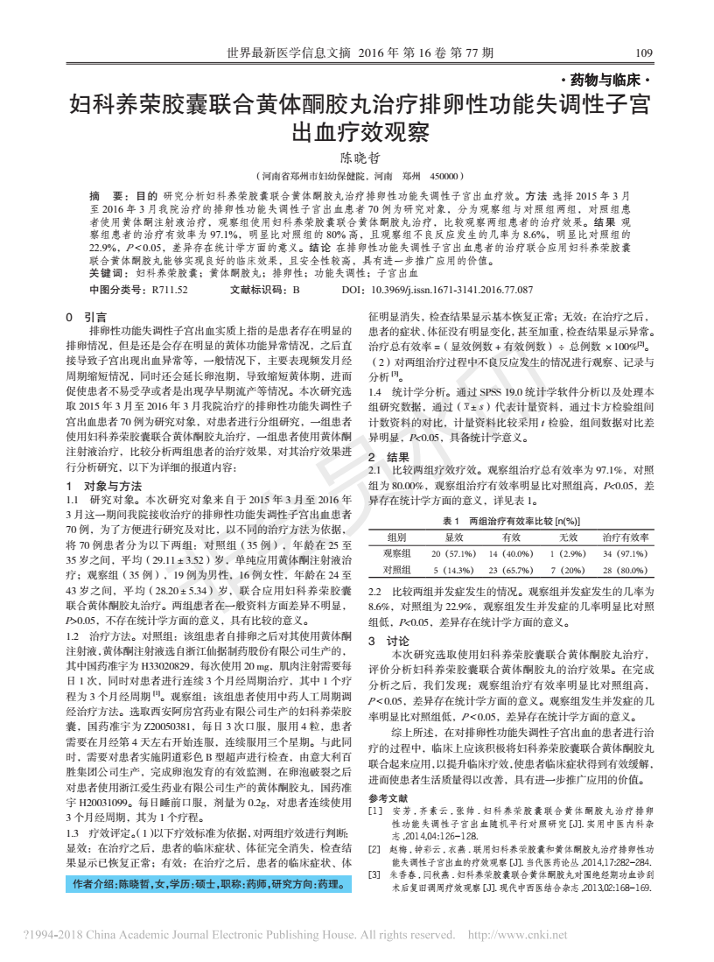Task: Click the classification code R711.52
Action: (170, 288)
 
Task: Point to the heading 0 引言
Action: (86, 317)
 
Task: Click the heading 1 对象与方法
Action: (104, 486)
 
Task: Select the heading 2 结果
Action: (386, 457)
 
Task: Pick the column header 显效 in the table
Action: (453, 537)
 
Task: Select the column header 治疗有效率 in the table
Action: (625, 537)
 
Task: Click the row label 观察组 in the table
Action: (396, 553)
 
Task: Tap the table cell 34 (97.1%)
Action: (625, 553)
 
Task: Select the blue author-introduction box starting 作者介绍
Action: (208, 885)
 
